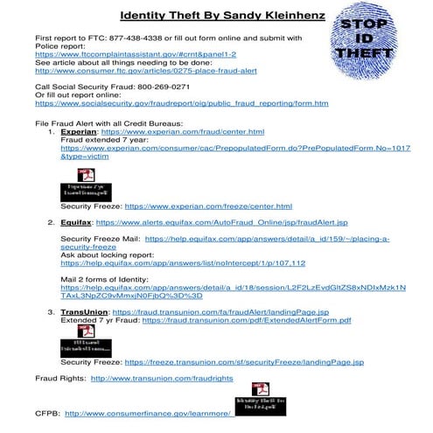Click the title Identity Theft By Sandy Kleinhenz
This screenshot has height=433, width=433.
point(217,16)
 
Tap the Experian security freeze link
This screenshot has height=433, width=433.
point(209,206)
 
